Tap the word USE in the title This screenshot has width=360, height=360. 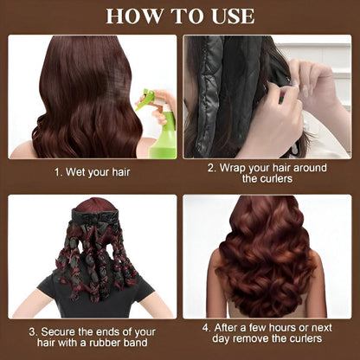pyautogui.click(x=233, y=16)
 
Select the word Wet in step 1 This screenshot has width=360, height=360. pyautogui.click(x=75, y=172)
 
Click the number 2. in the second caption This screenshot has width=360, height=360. pyautogui.click(x=212, y=168)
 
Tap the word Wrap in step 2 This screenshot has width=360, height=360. pyautogui.click(x=233, y=169)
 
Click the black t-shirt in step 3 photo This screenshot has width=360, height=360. pyautogui.click(x=95, y=297)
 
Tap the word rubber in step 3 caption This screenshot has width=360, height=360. pyautogui.click(x=105, y=343)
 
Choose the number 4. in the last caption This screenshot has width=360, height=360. pyautogui.click(x=207, y=328)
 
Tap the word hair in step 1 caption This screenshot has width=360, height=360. pyautogui.click(x=121, y=172)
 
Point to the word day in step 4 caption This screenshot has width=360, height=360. pyautogui.click(x=220, y=339)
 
